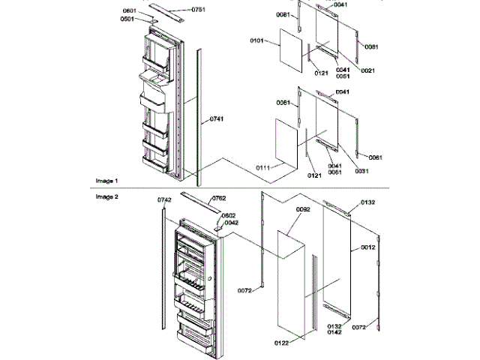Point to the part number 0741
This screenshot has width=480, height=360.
point(217,119)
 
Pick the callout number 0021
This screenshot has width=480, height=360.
point(367,70)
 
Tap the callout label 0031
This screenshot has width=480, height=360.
point(361,170)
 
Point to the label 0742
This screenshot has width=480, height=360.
point(165,200)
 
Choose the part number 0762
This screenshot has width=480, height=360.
point(218,198)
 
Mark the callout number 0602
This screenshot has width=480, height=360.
point(229,215)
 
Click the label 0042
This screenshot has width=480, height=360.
point(232,223)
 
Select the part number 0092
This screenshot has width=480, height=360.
point(303,209)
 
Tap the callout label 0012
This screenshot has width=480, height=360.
point(367,247)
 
